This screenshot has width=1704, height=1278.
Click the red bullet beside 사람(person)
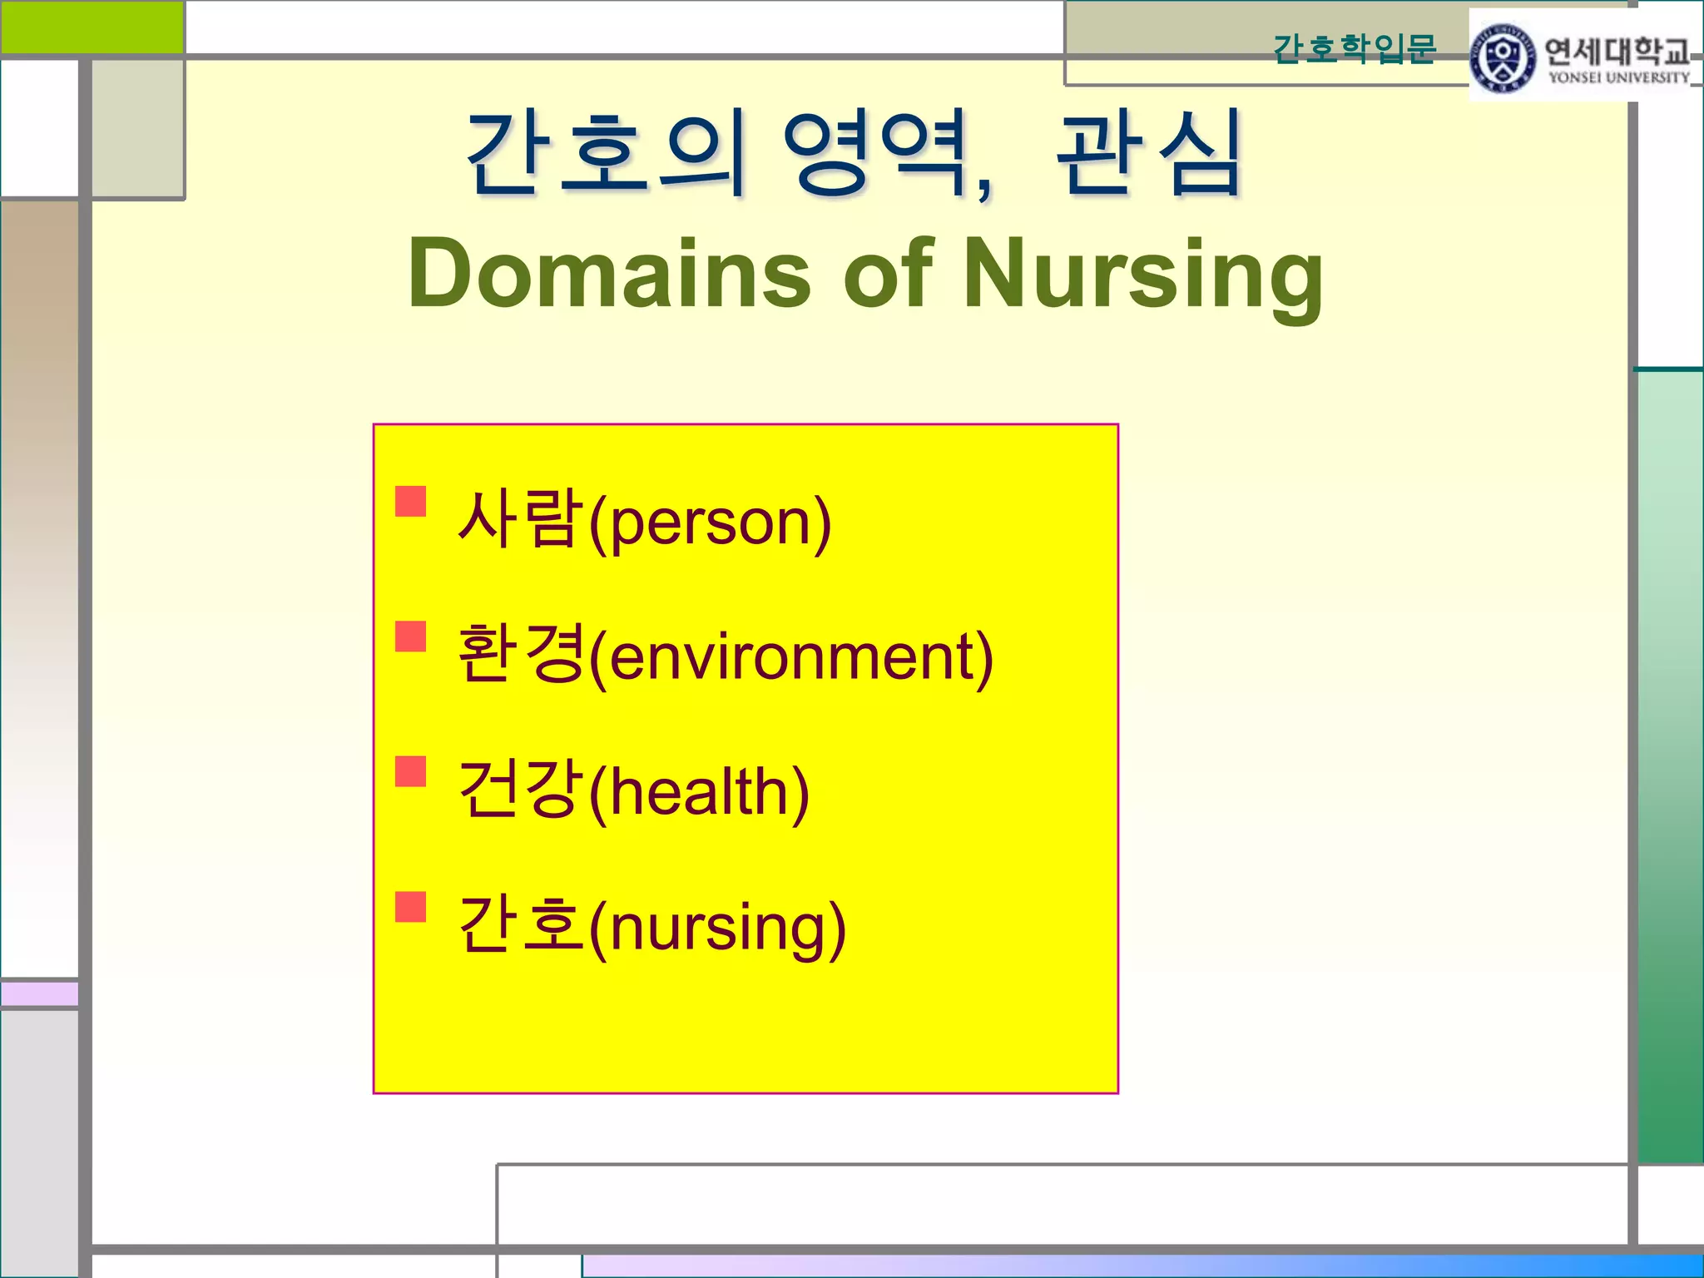point(411,502)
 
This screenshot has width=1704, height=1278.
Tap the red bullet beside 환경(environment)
point(411,637)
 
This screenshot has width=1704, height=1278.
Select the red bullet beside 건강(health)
point(411,771)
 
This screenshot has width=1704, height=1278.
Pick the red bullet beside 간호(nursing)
point(411,907)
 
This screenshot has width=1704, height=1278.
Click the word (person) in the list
point(710,523)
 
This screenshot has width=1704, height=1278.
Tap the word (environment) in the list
point(790,658)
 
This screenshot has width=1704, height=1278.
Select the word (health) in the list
point(699,793)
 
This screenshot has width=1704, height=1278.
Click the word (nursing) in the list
point(717,929)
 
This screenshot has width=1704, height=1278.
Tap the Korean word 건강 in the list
point(520,790)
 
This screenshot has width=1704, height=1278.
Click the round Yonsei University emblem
point(1503,57)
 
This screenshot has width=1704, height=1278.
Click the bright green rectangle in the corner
point(92,27)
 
